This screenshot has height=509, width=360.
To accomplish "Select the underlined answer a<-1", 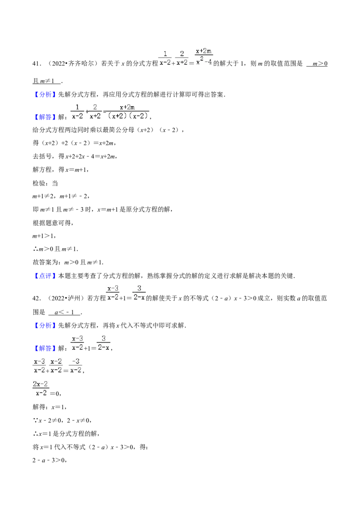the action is pos(64,313).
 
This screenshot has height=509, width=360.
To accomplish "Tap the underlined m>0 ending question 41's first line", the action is pos(317,64).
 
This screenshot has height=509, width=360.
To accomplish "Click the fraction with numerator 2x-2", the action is pos(40,388).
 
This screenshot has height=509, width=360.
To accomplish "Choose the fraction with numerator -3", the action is pos(76,366).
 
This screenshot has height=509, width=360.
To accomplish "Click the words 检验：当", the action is pos(45,183).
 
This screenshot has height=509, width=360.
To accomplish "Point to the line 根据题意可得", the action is pos(53,223).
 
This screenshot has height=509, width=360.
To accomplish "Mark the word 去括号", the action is pos(42,156).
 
